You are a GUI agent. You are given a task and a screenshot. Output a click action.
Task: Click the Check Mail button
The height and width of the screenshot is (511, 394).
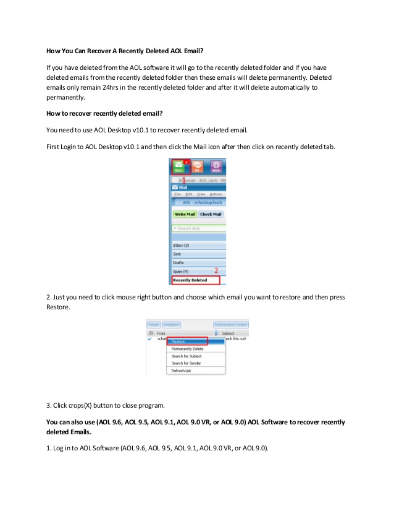click(211, 214)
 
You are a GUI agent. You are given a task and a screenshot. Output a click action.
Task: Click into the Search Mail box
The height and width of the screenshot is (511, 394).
click(198, 229)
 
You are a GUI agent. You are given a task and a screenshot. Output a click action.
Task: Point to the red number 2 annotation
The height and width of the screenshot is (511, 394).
click(217, 270)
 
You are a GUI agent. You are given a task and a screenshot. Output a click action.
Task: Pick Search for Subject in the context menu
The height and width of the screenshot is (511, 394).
click(187, 356)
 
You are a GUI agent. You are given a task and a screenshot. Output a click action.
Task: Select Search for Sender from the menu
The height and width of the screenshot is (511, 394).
click(187, 363)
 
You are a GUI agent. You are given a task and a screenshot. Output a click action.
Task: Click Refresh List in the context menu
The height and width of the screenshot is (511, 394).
click(182, 371)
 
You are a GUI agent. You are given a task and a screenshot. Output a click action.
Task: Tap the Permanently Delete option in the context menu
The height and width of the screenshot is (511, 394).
click(187, 349)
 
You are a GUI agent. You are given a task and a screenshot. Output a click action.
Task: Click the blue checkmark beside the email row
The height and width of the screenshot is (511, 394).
click(149, 339)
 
